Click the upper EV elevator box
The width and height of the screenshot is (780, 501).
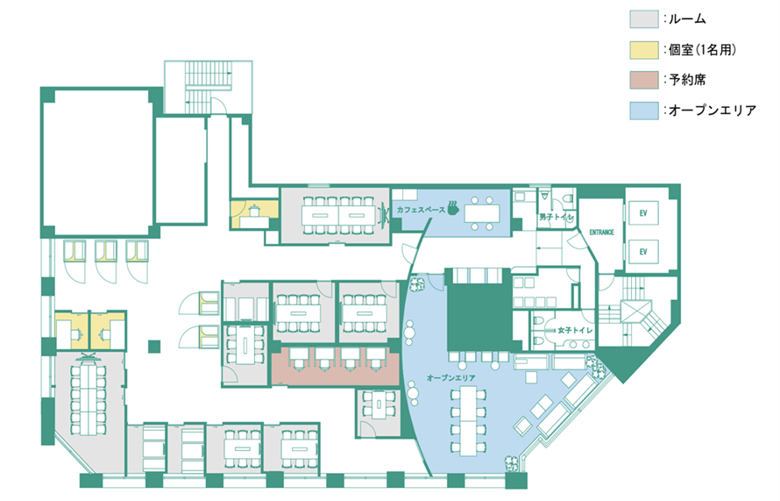click(x=643, y=213)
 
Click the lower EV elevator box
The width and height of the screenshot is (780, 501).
click(x=643, y=252)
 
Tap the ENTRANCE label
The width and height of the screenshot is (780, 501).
click(x=601, y=232)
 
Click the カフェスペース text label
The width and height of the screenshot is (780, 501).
click(x=421, y=210)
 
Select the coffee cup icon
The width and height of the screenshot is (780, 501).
click(x=452, y=208)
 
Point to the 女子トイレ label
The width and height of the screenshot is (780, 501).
click(x=575, y=330)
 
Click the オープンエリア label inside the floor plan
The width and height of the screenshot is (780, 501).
click(x=450, y=378)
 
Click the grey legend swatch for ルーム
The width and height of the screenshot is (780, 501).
click(x=643, y=19)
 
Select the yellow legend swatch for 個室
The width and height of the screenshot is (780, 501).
click(x=643, y=50)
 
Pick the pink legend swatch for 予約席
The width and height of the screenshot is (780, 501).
click(x=643, y=80)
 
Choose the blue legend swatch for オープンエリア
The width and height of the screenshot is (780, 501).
click(x=643, y=111)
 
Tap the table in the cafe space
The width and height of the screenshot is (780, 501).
click(x=482, y=213)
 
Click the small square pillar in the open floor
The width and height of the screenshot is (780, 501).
click(x=154, y=346)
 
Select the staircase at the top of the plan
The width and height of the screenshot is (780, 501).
click(x=209, y=87)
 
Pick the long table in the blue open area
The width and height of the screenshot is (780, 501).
click(x=468, y=419)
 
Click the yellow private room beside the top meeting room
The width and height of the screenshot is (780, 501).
click(x=253, y=214)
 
